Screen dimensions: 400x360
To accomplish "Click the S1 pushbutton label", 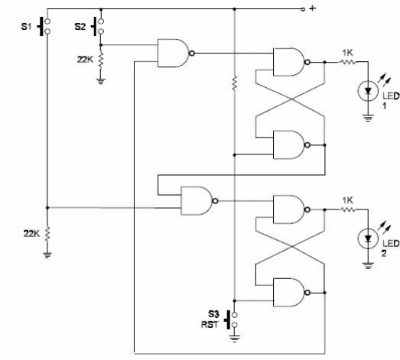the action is tap(26, 26).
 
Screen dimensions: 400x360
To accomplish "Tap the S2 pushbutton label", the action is tap(80, 26).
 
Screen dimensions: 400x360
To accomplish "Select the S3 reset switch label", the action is tap(213, 314).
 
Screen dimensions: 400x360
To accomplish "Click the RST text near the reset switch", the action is tap(210, 325).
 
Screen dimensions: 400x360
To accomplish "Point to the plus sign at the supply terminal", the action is tap(313, 8).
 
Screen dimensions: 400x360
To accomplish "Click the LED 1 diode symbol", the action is tap(368, 91).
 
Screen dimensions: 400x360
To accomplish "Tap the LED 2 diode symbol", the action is tap(368, 238).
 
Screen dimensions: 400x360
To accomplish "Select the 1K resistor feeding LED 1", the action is tap(348, 62).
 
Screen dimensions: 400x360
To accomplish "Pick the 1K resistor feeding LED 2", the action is tap(348, 209).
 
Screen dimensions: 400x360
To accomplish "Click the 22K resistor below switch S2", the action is tap(100, 60).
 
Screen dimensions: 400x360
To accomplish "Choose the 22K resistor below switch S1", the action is tap(47, 234).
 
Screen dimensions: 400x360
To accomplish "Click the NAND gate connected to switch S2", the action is tap(176, 53).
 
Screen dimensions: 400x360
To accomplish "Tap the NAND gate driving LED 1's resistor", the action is tap(291, 62).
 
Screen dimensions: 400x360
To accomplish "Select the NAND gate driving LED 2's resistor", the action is tap(291, 209).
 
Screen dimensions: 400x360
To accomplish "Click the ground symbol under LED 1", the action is tap(368, 118).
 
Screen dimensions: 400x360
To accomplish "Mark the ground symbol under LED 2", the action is tap(368, 266).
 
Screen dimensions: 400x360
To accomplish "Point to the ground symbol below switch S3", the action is tap(235, 339).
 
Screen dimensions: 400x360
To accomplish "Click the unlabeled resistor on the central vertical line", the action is tap(235, 83).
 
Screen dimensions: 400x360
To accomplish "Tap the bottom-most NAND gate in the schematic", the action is tap(291, 293).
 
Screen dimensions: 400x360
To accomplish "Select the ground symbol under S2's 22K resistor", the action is tap(100, 81).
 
